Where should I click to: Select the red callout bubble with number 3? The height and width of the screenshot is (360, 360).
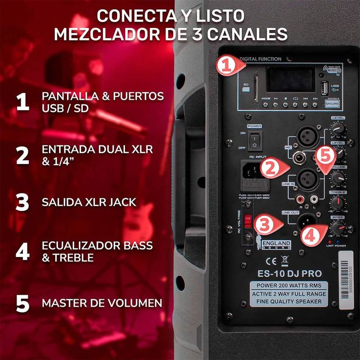[265, 223]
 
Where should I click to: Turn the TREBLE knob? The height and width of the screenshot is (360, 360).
[338, 202]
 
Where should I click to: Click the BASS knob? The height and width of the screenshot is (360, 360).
[338, 228]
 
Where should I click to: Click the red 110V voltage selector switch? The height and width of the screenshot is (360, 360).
[247, 220]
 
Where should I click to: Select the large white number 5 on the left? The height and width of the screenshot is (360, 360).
[22, 303]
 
